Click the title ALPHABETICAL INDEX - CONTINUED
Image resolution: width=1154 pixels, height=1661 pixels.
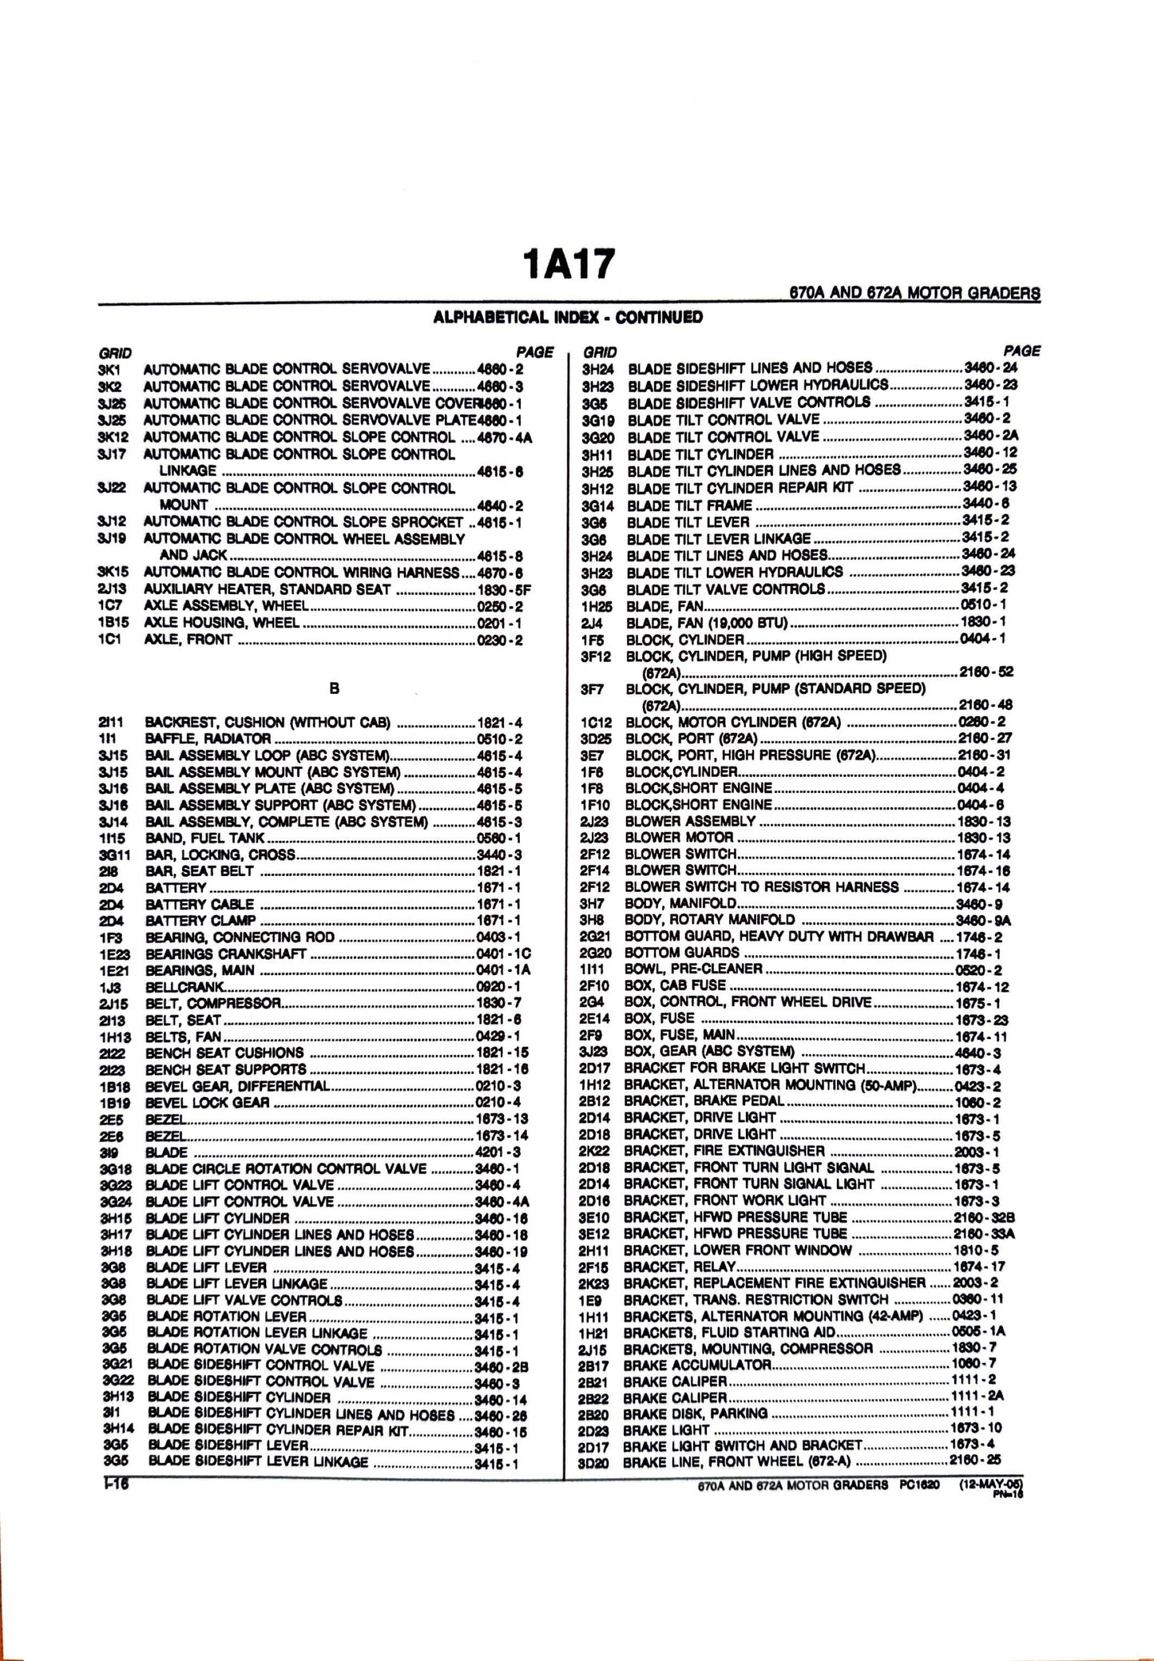coord(568,317)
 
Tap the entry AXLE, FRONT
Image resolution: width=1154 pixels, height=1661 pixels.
coord(188,640)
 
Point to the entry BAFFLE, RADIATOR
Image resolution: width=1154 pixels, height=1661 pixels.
coord(208,739)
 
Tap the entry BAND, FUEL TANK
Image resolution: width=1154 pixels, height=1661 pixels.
coord(205,838)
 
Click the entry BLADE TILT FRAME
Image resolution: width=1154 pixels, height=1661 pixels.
coord(690,505)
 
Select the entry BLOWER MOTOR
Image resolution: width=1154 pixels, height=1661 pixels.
coord(679,838)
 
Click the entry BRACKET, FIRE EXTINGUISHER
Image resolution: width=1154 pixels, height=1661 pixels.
coord(724,1151)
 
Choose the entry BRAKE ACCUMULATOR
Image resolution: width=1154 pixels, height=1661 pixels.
coord(697,1365)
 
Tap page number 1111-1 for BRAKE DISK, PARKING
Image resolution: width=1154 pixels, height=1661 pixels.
coord(972,1413)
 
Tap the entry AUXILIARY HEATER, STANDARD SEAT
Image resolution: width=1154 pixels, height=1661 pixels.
coord(268,589)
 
